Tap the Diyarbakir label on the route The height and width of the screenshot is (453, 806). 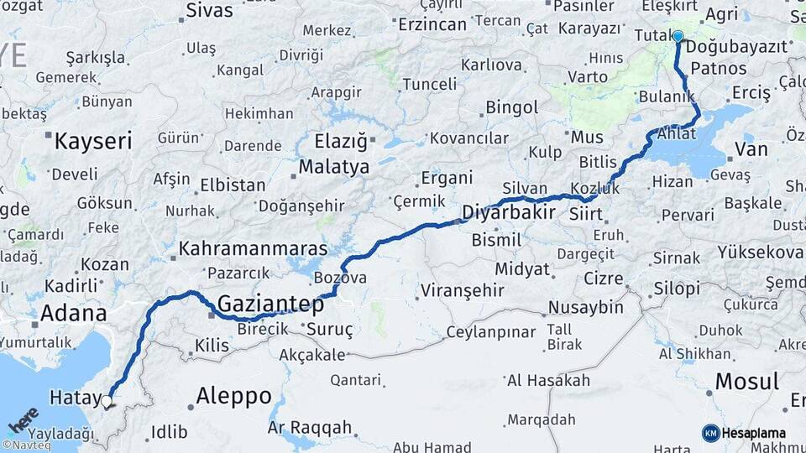point(509,212)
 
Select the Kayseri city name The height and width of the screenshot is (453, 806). point(93,141)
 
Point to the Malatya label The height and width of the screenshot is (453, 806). point(334,167)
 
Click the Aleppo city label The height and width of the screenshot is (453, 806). point(233,396)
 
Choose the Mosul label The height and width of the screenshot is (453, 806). point(746,382)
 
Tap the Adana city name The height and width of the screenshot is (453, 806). point(74,314)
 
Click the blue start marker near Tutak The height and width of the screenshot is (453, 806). point(678,36)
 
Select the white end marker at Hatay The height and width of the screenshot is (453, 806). point(106,402)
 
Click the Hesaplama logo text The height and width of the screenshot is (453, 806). point(754,433)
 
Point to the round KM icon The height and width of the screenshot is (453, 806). point(710,433)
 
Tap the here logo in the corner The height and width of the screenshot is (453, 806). point(24,419)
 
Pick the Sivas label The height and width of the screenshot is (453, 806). point(209,11)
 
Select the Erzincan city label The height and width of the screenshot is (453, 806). point(432,24)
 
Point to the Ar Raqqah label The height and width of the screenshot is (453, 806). point(309,428)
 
